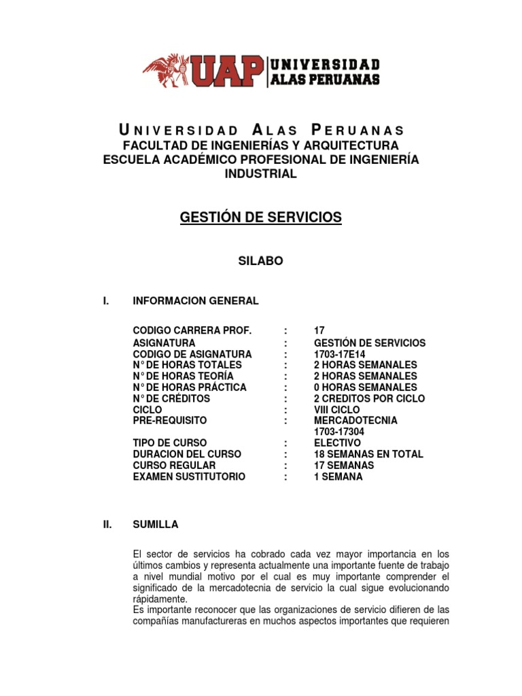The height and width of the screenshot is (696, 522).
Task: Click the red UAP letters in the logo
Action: coord(228,71)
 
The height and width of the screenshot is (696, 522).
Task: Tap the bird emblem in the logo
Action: coord(167,69)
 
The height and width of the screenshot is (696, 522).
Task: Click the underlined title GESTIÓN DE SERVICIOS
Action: coord(260,218)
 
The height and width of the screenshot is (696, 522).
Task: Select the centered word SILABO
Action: coord(260,261)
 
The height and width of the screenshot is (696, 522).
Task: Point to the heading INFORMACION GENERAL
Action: coord(196,300)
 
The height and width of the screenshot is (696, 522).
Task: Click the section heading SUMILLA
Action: coord(156,525)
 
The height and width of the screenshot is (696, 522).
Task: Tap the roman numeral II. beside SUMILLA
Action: coord(106,525)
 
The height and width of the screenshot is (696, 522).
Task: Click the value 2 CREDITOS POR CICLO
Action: coord(370,398)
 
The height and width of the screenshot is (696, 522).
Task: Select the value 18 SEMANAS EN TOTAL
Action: coord(368,454)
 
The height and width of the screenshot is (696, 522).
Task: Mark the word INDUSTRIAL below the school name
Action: coord(260,174)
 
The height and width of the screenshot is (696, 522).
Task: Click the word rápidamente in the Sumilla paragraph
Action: coord(160,599)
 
